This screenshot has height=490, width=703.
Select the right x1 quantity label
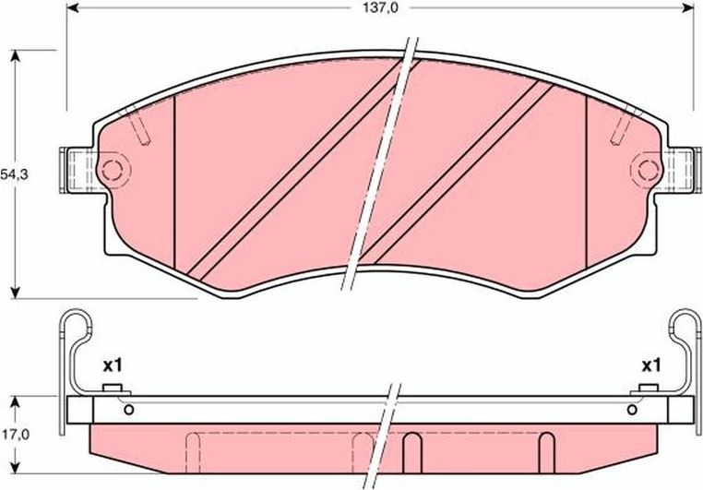[651, 366]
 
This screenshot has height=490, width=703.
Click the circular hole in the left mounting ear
[112, 170]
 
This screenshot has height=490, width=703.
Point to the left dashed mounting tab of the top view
[78, 171]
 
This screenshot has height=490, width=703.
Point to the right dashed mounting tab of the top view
[682, 171]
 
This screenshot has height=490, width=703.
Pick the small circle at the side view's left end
[128, 410]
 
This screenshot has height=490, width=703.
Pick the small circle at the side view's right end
[634, 410]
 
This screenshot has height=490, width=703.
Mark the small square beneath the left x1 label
[113, 388]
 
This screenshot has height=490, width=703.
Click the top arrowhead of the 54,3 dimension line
[16, 54]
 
